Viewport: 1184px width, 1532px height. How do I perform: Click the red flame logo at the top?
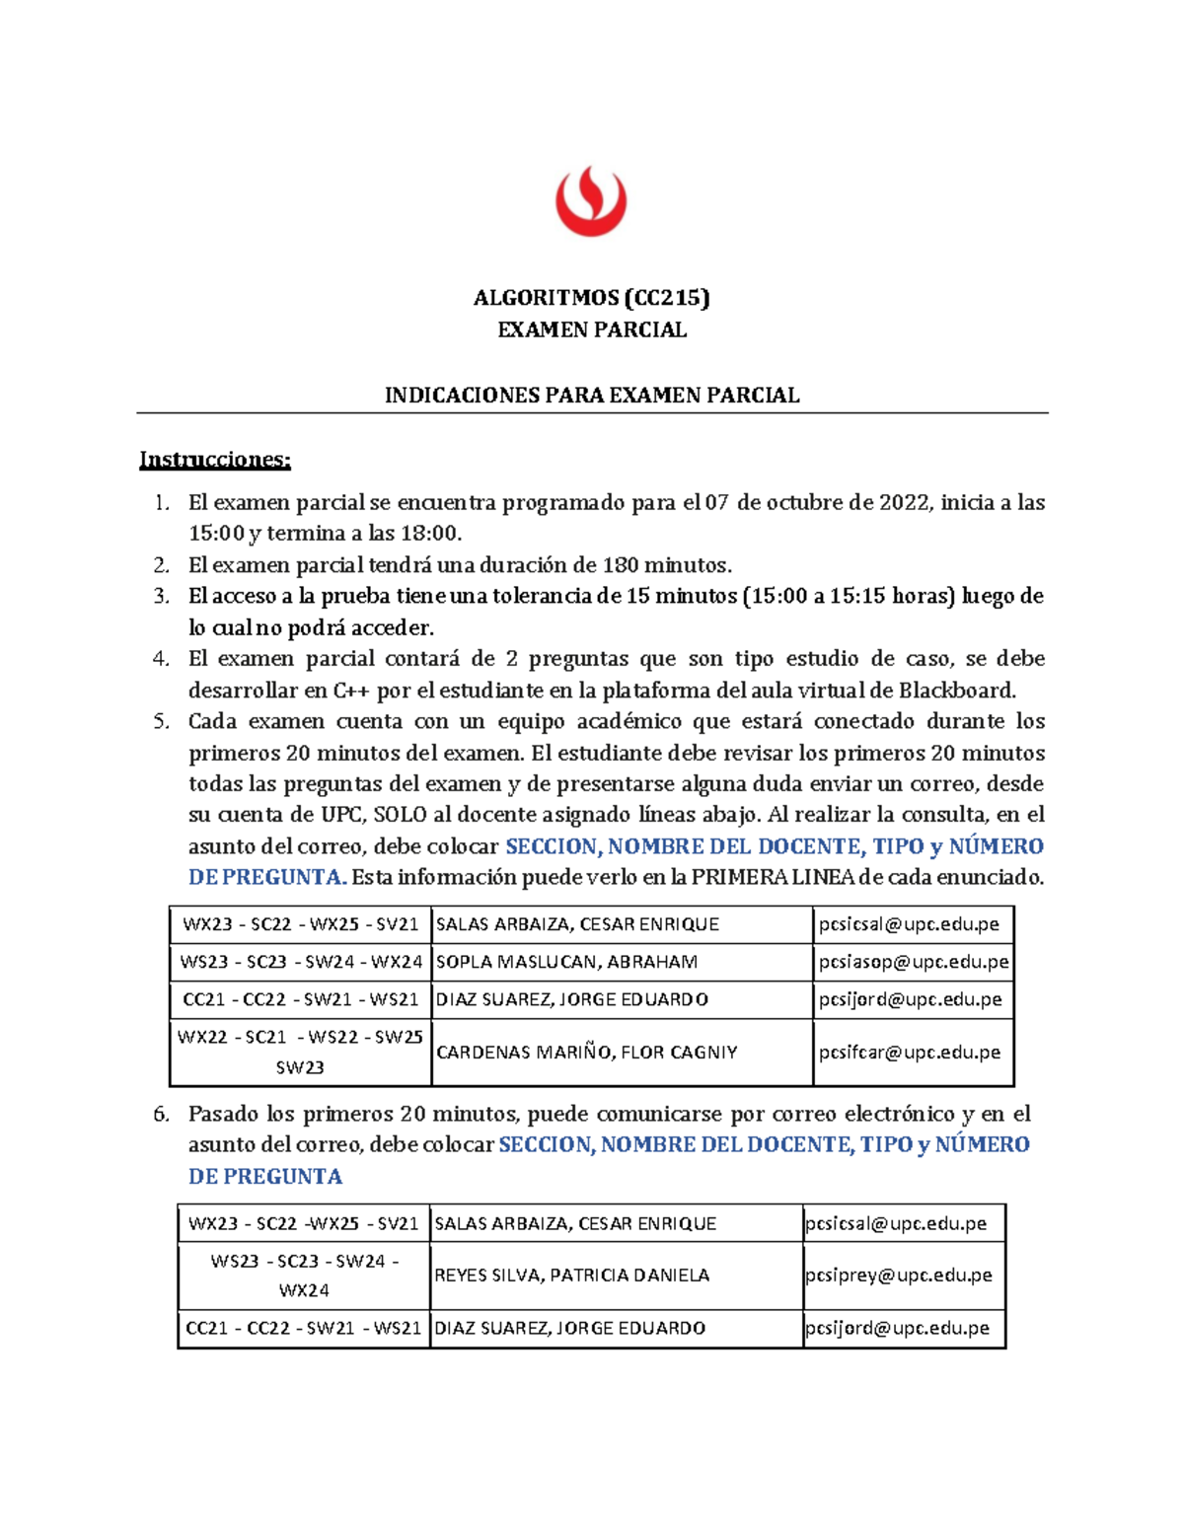(590, 201)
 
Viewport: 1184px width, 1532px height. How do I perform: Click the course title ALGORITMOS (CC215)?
(591, 297)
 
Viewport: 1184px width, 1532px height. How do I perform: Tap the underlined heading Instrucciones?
(215, 460)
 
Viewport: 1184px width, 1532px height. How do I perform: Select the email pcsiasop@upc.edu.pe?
(914, 962)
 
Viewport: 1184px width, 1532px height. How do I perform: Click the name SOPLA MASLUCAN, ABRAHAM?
(566, 962)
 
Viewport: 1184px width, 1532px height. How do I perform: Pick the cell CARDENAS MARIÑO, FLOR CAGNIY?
(587, 1053)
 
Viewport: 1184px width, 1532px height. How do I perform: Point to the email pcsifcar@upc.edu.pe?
(910, 1053)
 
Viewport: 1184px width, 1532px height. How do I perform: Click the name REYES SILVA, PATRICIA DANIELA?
(572, 1276)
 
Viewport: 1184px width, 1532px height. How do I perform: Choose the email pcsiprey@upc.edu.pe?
(899, 1276)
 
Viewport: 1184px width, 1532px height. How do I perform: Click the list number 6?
(162, 1115)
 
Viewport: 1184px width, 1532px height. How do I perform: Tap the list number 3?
(162, 597)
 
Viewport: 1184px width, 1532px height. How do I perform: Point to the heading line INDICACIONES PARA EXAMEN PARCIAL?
(591, 396)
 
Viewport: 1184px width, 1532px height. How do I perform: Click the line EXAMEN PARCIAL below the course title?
(591, 329)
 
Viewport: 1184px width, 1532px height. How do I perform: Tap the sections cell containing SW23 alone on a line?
(300, 1067)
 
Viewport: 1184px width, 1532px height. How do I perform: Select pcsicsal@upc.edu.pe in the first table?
(909, 924)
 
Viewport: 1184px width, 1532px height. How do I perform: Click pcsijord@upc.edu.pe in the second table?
(897, 1328)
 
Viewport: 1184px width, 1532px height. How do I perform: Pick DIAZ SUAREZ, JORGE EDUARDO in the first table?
(572, 999)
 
